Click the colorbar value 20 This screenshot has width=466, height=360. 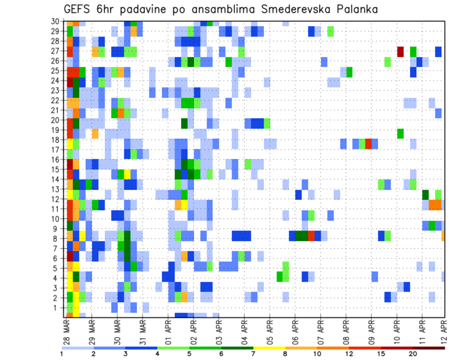coord(413,353)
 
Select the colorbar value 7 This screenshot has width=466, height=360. coord(253,353)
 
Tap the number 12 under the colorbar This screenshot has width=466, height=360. coord(349,353)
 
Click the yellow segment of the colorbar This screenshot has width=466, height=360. coord(269,347)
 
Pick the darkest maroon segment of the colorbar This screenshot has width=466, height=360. coord(429,347)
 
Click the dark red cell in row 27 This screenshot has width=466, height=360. coord(400,51)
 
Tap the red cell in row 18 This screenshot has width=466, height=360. coord(368,143)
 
